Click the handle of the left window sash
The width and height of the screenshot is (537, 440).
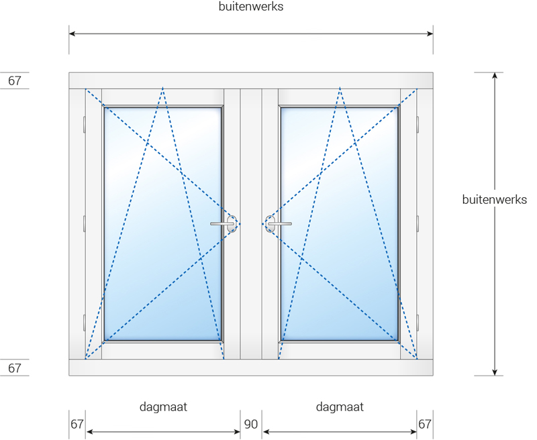tap(224, 224)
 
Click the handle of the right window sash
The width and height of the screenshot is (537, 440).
tap(279, 224)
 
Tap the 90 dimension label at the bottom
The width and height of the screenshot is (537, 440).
tap(250, 425)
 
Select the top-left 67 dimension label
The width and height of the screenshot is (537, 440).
tap(14, 80)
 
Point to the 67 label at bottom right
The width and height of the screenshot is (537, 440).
tap(425, 425)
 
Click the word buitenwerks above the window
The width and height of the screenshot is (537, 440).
tap(251, 7)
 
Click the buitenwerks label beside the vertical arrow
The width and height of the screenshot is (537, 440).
tap(495, 199)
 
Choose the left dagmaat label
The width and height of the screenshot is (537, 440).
tap(163, 407)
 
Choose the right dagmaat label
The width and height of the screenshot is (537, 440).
tap(340, 407)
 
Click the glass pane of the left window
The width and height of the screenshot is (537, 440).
tap(162, 224)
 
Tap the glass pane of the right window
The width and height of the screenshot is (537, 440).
tap(340, 224)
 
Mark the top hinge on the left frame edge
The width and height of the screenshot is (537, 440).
tap(85, 125)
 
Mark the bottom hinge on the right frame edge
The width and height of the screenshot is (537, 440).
tap(418, 323)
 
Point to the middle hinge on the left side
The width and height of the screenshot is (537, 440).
tap(85, 224)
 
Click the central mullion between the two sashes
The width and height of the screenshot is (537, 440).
tap(251, 224)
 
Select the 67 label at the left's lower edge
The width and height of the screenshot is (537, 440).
tap(14, 368)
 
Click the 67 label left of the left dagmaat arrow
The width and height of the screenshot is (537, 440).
tap(77, 425)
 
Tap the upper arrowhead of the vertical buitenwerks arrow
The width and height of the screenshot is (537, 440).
tap(495, 75)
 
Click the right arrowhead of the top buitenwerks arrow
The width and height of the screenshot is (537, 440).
tap(430, 34)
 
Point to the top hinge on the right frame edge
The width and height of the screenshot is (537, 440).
tap(418, 125)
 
